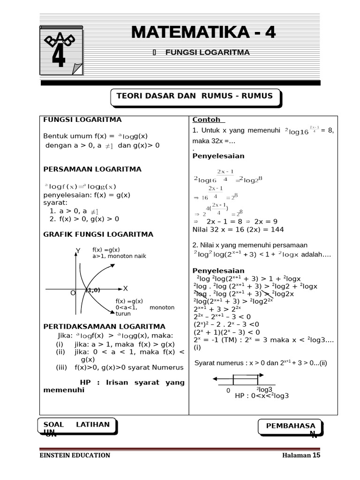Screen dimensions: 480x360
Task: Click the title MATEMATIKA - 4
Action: coord(203,32)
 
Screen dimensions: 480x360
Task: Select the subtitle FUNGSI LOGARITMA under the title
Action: coord(207,52)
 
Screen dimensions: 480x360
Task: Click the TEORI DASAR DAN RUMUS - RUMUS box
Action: coord(194,96)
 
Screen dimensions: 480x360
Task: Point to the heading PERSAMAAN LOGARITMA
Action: coord(92,169)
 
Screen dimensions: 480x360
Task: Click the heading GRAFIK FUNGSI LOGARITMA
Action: coord(98,234)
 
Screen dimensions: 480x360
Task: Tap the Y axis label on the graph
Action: coord(78,252)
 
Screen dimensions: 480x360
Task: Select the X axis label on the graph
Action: coord(126,288)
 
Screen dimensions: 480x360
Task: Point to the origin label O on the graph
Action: coord(73,292)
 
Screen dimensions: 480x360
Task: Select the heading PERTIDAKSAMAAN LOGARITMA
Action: coord(104,326)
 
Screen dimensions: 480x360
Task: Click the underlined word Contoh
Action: coord(206,120)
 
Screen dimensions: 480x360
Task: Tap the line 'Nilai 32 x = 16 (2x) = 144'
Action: coord(238,230)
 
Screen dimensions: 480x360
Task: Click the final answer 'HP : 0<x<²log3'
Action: coord(262,396)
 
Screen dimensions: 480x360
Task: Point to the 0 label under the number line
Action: coord(228,390)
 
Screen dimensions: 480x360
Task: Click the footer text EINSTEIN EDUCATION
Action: coord(75,455)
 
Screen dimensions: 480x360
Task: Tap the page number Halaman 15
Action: coord(300,455)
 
